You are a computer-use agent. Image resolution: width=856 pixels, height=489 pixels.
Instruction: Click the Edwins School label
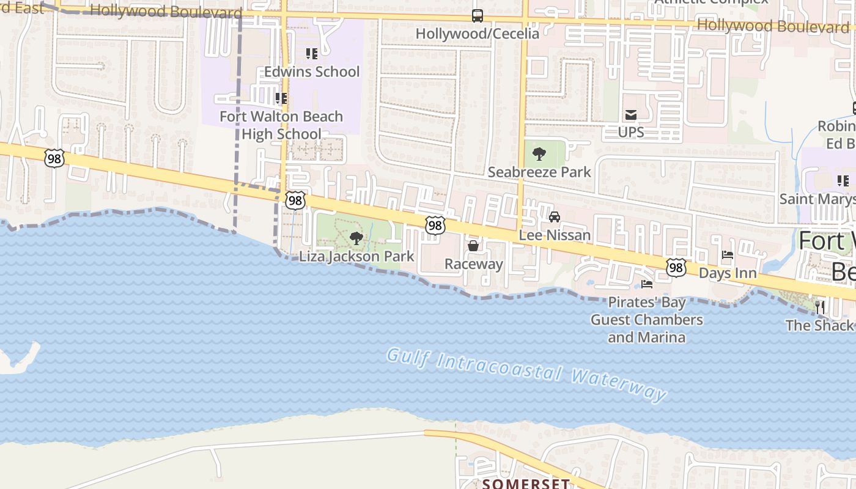point(312,72)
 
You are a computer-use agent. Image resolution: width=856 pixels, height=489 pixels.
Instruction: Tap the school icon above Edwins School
point(312,54)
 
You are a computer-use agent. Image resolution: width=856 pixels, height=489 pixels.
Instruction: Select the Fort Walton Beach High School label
point(281,125)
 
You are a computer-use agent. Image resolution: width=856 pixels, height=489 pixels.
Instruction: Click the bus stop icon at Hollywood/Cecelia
point(477,16)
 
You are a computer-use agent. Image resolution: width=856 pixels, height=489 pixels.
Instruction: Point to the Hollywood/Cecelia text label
point(477,33)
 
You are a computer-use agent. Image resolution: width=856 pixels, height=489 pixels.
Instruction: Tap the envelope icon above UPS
point(630,114)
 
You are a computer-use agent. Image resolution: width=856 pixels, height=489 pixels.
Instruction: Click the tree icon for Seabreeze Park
point(539,154)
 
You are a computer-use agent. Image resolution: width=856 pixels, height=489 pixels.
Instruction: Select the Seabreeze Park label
point(539,172)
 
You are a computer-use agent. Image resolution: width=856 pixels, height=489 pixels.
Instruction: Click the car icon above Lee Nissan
point(555,217)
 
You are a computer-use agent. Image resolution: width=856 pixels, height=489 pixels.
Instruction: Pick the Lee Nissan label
point(555,235)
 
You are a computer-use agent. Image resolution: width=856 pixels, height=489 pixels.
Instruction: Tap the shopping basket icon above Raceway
point(473,246)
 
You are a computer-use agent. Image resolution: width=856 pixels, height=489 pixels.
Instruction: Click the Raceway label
point(473,264)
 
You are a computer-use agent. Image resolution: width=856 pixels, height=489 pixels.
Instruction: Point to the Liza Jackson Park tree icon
point(356,238)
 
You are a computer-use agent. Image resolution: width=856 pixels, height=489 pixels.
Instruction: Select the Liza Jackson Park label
point(356,256)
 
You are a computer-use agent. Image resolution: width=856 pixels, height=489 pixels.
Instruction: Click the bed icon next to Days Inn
point(728,255)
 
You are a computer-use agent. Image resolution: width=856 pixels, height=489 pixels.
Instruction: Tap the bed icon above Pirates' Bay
point(646,284)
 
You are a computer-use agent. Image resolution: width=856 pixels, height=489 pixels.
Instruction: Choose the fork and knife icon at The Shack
point(820,307)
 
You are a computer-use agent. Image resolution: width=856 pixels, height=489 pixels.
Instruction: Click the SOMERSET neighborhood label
point(526,483)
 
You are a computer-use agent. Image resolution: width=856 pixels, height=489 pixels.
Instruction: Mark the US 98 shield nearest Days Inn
point(676,267)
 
